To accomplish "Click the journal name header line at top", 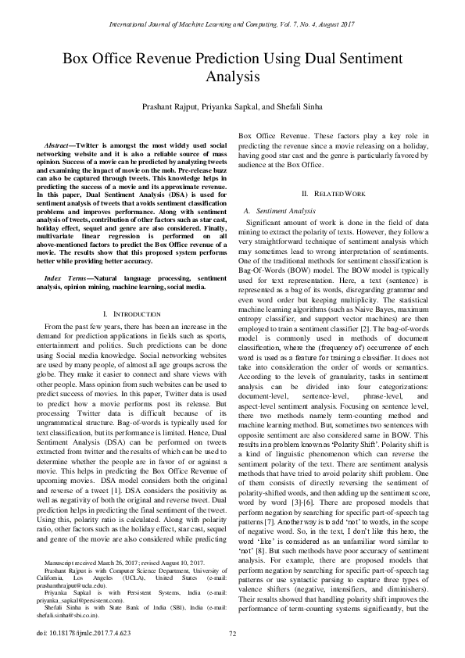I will (232, 25).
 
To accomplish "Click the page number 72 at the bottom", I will (232, 633).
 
